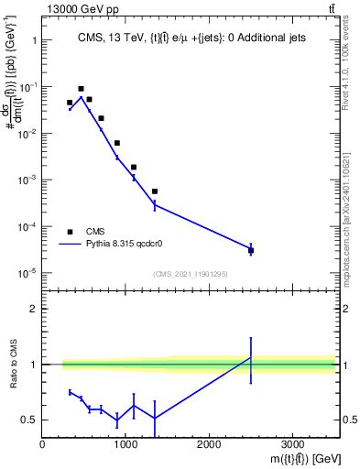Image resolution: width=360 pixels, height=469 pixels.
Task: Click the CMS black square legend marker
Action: tap(70, 232)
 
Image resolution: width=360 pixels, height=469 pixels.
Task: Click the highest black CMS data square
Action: tap(81, 89)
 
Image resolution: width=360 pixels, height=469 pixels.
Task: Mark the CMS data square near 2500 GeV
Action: tap(251, 250)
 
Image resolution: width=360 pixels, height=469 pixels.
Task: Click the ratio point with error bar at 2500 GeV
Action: tap(251, 357)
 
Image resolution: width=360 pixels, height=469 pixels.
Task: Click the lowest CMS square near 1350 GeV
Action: tap(155, 191)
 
